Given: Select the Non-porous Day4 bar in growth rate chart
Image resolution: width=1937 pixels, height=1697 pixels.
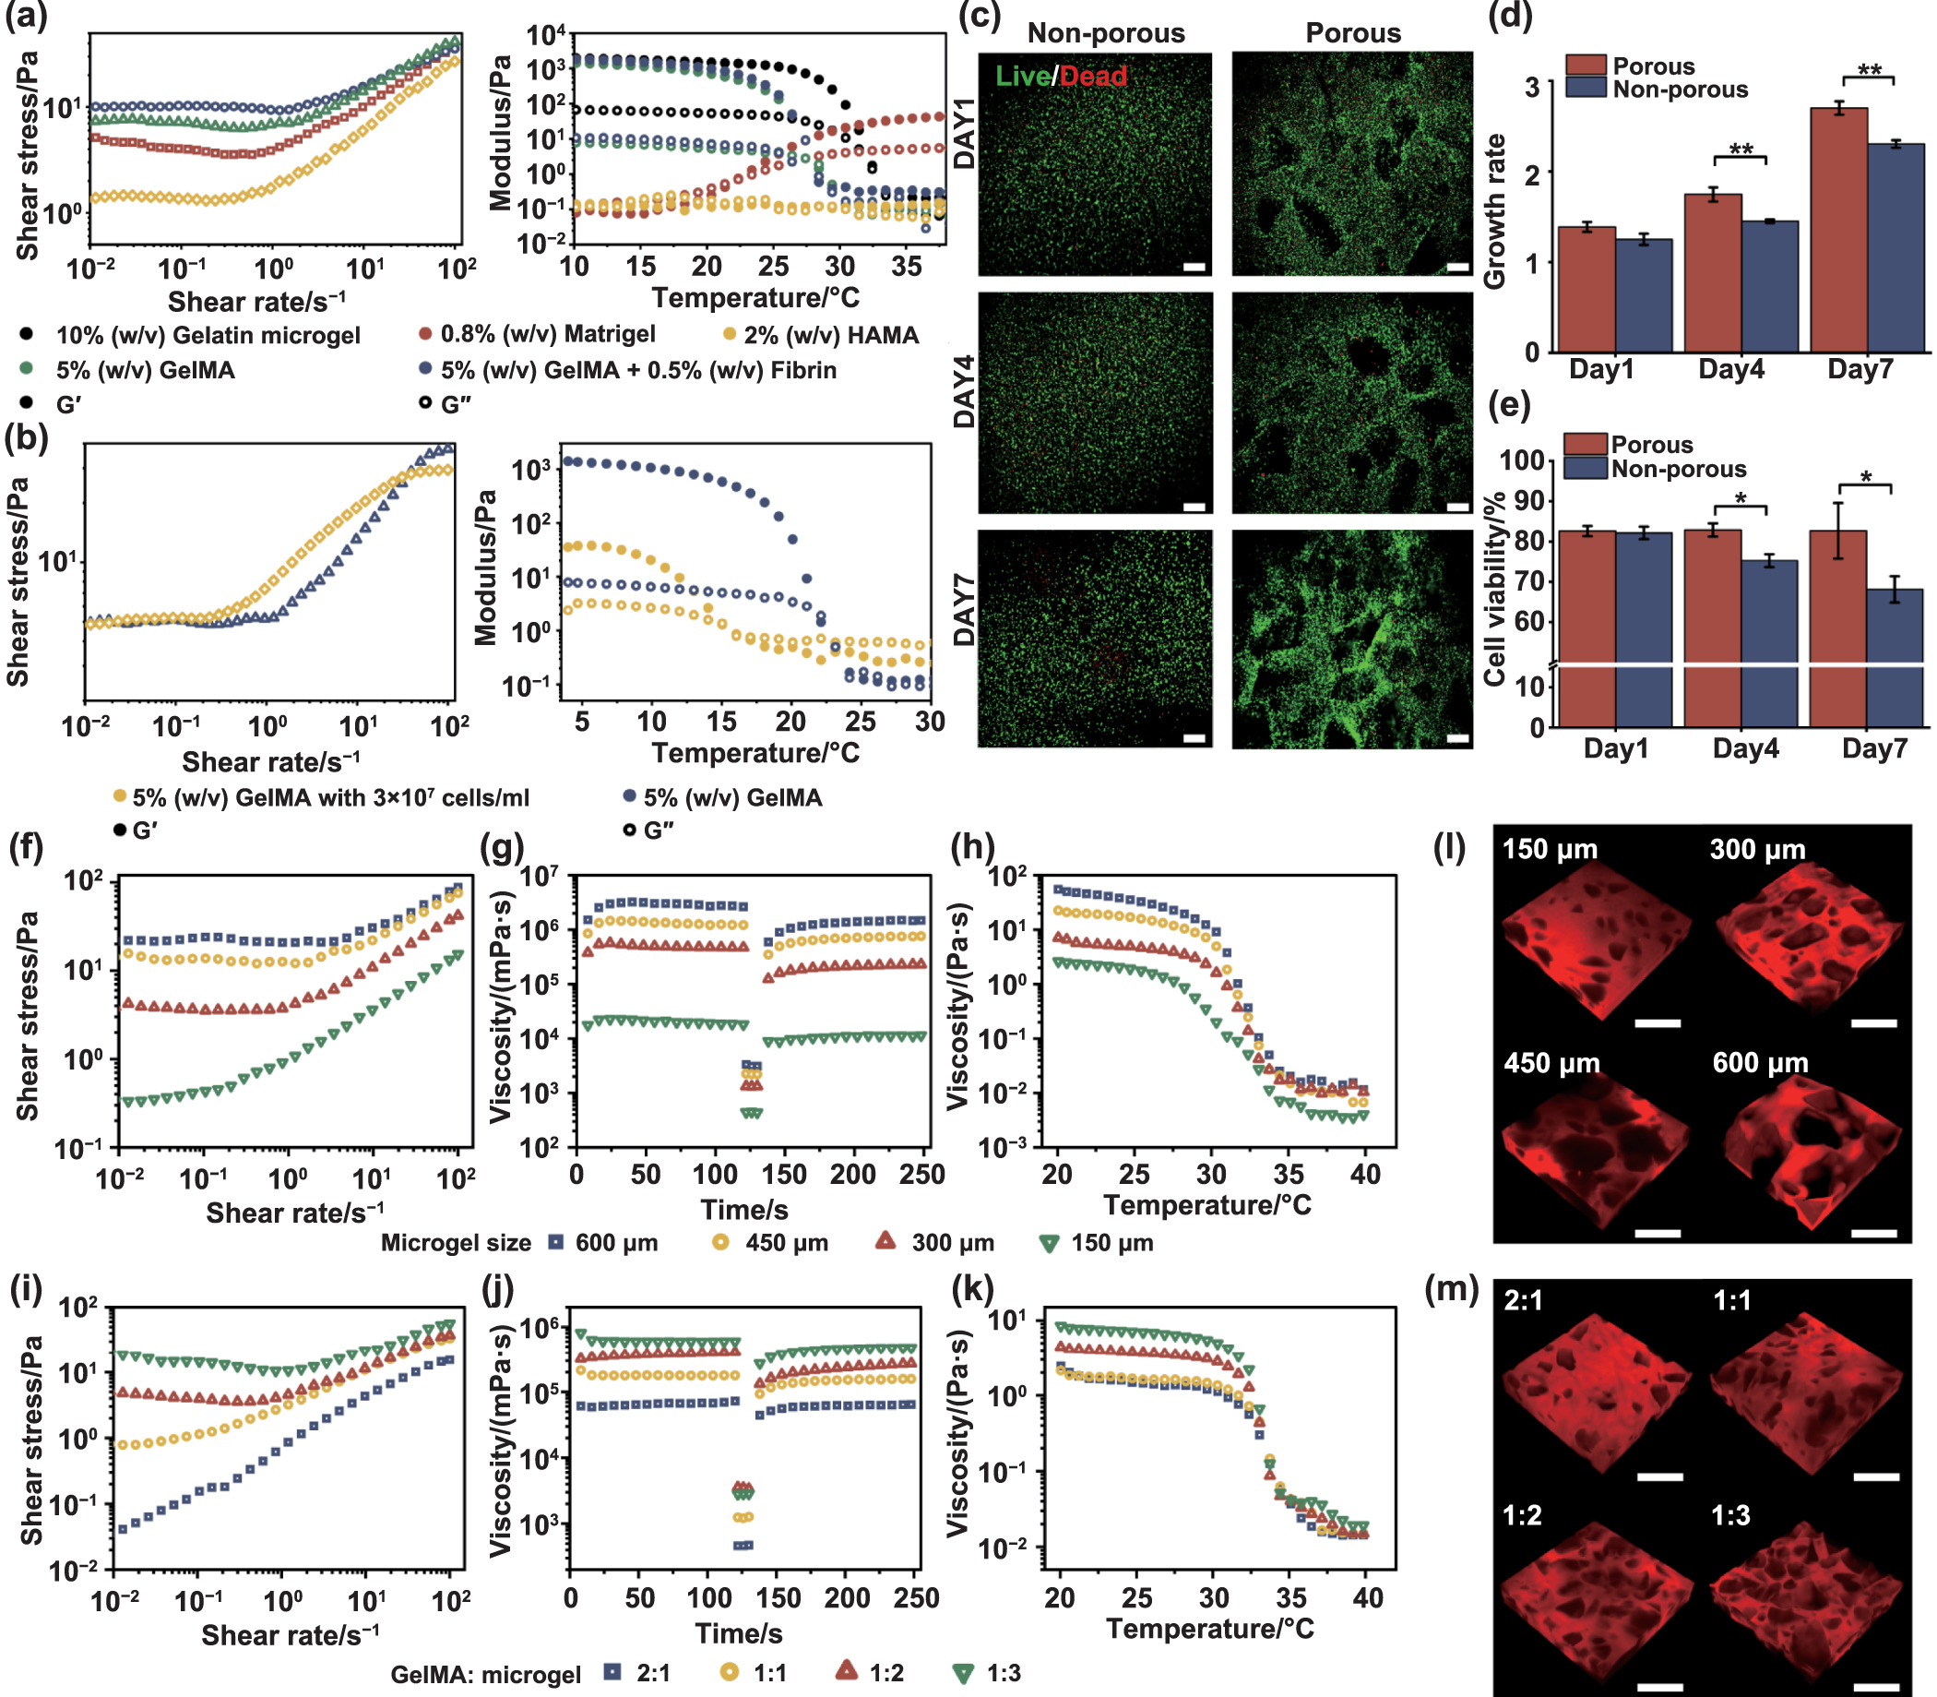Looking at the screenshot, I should click(1769, 286).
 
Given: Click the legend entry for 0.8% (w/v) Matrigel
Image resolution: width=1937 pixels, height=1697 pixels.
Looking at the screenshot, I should click(547, 334).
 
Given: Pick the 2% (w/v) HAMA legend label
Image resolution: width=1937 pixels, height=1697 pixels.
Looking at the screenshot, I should click(830, 335).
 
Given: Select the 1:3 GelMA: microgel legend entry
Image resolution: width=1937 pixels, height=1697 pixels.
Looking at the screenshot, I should click(1003, 1673).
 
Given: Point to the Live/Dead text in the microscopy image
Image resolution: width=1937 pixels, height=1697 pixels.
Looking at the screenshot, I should click(1061, 76).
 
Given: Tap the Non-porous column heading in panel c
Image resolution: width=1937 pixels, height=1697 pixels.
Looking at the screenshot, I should click(1106, 33).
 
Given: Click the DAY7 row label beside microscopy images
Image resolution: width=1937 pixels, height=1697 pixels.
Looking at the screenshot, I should click(964, 615).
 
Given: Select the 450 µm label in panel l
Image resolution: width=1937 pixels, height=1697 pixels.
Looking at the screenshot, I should click(1551, 1063).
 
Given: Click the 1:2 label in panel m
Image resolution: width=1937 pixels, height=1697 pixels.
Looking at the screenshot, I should click(1522, 1515).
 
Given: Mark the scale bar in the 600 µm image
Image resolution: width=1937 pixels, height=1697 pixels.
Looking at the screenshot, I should click(1873, 1233).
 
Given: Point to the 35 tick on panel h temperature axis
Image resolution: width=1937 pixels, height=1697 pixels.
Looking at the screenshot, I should click(1288, 1176).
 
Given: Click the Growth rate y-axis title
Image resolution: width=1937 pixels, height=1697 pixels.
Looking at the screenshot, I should click(1495, 211).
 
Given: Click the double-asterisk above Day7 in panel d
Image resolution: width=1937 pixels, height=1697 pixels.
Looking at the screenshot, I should click(1869, 70).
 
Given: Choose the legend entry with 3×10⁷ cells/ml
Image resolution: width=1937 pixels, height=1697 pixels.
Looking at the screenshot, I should click(330, 797).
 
